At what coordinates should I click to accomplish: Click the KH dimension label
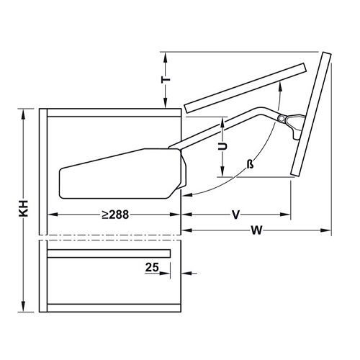click(x=24, y=208)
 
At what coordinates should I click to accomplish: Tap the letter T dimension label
click(x=166, y=79)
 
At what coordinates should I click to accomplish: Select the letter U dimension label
click(x=222, y=146)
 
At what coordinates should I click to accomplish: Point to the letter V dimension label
click(x=236, y=215)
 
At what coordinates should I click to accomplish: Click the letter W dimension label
click(x=256, y=230)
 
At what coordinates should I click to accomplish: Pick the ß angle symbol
click(x=250, y=164)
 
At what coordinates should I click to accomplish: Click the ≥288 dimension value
click(x=115, y=215)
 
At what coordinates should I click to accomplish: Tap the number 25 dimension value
click(x=152, y=267)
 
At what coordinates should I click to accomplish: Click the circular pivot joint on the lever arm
click(x=281, y=118)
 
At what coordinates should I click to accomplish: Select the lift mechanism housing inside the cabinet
click(x=122, y=174)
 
